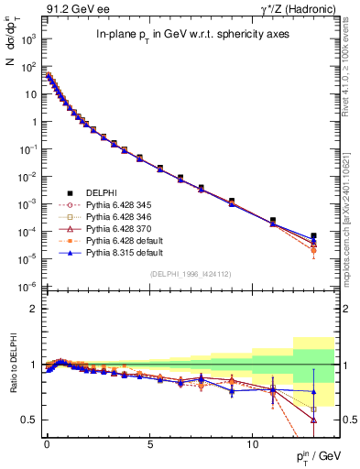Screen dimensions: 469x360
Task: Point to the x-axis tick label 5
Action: (x=149, y=442)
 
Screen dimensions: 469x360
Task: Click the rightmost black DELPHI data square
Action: (x=314, y=236)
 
